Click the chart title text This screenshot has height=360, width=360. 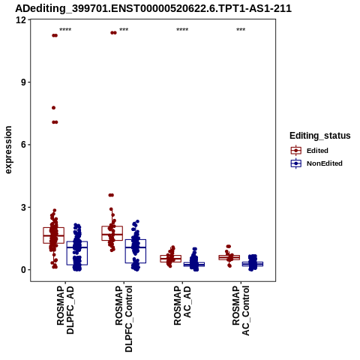pyautogui.click(x=153, y=8)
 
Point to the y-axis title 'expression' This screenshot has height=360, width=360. pyautogui.click(x=8, y=150)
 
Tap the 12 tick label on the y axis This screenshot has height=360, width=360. pyautogui.click(x=21, y=19)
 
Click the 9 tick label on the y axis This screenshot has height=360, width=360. pyautogui.click(x=24, y=82)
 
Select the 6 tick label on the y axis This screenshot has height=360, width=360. pyautogui.click(x=24, y=145)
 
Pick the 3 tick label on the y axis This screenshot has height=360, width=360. pyautogui.click(x=24, y=207)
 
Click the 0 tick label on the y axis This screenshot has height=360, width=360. pyautogui.click(x=24, y=270)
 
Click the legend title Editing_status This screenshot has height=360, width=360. pyautogui.click(x=320, y=136)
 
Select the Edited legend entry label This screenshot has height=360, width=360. pyautogui.click(x=317, y=151)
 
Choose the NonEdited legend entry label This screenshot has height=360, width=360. pyautogui.click(x=325, y=163)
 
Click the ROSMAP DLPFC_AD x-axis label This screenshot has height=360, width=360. pyautogui.click(x=65, y=310)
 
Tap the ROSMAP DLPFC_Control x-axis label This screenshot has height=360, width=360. pyautogui.click(x=124, y=319)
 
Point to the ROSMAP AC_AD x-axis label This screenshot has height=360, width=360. pyautogui.click(x=182, y=305)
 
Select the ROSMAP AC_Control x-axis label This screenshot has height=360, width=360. pyautogui.click(x=241, y=310)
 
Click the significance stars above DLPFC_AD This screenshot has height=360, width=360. pyautogui.click(x=65, y=30)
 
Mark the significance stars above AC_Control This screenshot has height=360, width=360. pyautogui.click(x=241, y=30)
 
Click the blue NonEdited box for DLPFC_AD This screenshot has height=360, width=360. pyautogui.click(x=77, y=253)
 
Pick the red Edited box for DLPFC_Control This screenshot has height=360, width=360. pyautogui.click(x=112, y=233)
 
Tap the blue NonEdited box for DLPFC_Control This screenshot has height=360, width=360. pyautogui.click(x=136, y=251)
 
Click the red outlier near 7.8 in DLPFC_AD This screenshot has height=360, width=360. pyautogui.click(x=53, y=108)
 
